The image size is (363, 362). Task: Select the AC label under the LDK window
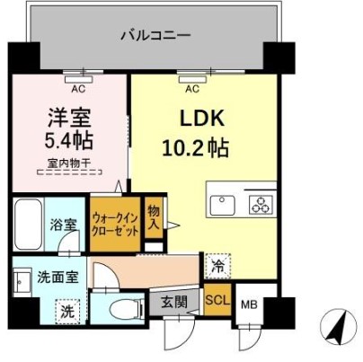point(190,88)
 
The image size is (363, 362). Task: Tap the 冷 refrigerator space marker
point(217,266)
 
